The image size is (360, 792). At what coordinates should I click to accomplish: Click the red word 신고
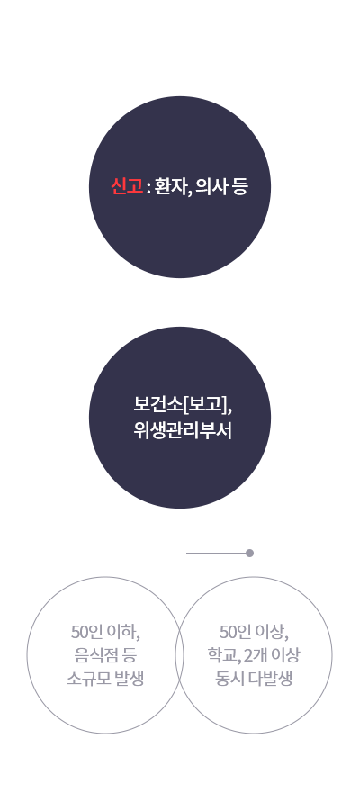coord(127,187)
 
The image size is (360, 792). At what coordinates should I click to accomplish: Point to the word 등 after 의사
coord(241,187)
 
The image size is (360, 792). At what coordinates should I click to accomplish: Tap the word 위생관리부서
coord(183,430)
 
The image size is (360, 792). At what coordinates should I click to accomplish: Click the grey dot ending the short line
coord(249,553)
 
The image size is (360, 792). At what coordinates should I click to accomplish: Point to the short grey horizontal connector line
coord(216,553)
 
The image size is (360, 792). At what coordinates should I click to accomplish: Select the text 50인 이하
coord(105,632)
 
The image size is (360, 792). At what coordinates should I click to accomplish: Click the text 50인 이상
coord(254,632)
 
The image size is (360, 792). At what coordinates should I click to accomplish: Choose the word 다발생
coord(271,679)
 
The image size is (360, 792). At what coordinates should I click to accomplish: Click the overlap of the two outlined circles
coord(179,655)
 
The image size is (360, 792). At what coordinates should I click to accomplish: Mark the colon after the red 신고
coord(148,189)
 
